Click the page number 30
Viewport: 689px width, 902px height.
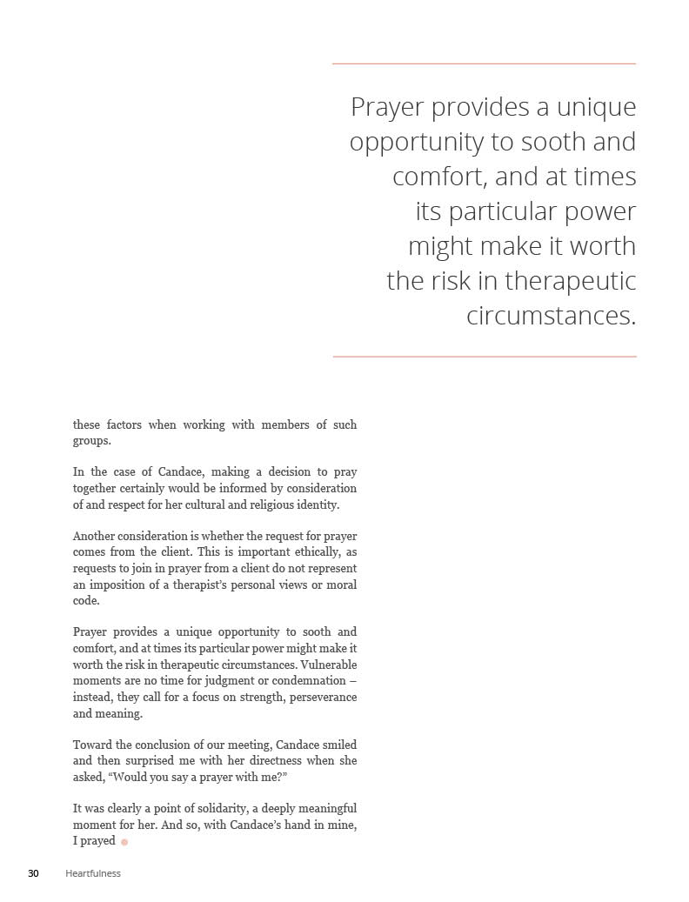(33, 873)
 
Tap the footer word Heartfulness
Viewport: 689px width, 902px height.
(93, 873)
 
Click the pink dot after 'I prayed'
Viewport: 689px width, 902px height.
(124, 842)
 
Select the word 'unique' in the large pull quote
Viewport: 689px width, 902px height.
(597, 107)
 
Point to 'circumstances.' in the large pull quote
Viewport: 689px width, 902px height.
(551, 316)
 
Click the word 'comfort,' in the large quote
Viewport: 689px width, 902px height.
(439, 177)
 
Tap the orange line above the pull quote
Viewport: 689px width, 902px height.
(484, 63)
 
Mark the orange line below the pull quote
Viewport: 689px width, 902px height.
(484, 357)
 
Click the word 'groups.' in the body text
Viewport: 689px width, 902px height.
(91, 441)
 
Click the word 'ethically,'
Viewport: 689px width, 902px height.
(318, 551)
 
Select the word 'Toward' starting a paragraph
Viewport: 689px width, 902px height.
(92, 745)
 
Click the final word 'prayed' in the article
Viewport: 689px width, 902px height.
(99, 841)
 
